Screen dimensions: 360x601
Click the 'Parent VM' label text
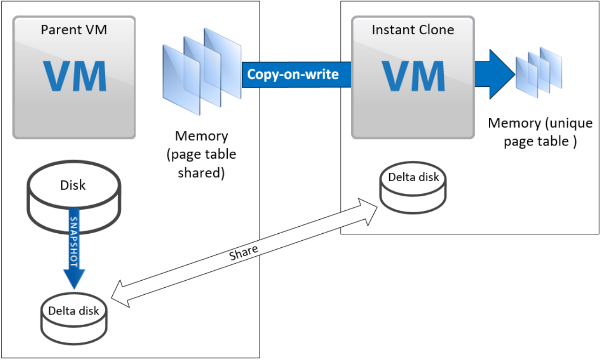pos(74,30)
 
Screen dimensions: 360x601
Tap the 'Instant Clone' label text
pos(413,30)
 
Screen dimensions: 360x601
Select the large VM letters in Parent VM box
pos(74,77)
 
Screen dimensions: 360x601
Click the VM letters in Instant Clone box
pos(413,77)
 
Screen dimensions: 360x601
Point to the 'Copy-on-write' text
pos(293,74)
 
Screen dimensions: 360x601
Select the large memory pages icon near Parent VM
pos(202,70)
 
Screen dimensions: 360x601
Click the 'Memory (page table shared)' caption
pos(201,154)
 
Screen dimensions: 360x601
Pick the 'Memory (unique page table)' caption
pos(540,132)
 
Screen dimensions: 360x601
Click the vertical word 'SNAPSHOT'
pos(73,242)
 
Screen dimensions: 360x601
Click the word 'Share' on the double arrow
pos(244,252)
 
